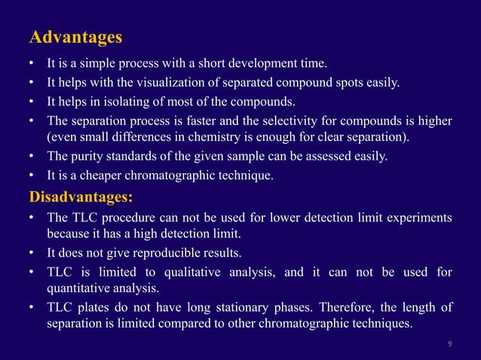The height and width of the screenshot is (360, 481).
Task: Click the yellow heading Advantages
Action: (x=75, y=37)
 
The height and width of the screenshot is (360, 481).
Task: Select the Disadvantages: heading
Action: (x=81, y=198)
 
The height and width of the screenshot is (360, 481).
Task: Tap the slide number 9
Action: (x=450, y=344)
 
